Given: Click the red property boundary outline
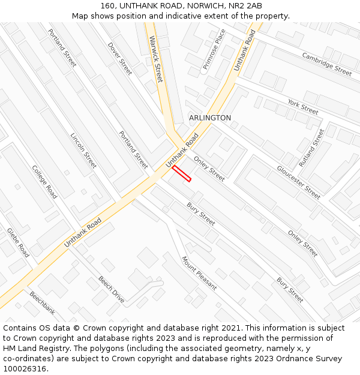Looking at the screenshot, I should click(x=182, y=173).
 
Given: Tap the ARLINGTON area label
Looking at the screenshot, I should click(x=210, y=118).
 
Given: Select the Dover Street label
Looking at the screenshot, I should click(x=119, y=58).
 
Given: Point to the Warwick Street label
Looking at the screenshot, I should click(x=155, y=59).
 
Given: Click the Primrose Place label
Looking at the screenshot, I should click(x=214, y=49).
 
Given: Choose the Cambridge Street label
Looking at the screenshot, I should click(x=326, y=64).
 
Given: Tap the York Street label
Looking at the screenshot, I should click(x=303, y=107).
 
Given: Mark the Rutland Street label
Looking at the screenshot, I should click(x=312, y=148).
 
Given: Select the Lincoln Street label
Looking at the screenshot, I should click(x=83, y=151).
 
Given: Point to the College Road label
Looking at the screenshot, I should click(x=44, y=182).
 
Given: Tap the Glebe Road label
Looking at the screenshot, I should click(x=18, y=242).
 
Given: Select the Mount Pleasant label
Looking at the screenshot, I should click(x=199, y=273).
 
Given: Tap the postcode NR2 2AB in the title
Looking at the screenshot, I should click(x=245, y=6).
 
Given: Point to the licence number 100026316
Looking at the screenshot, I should click(x=25, y=369).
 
